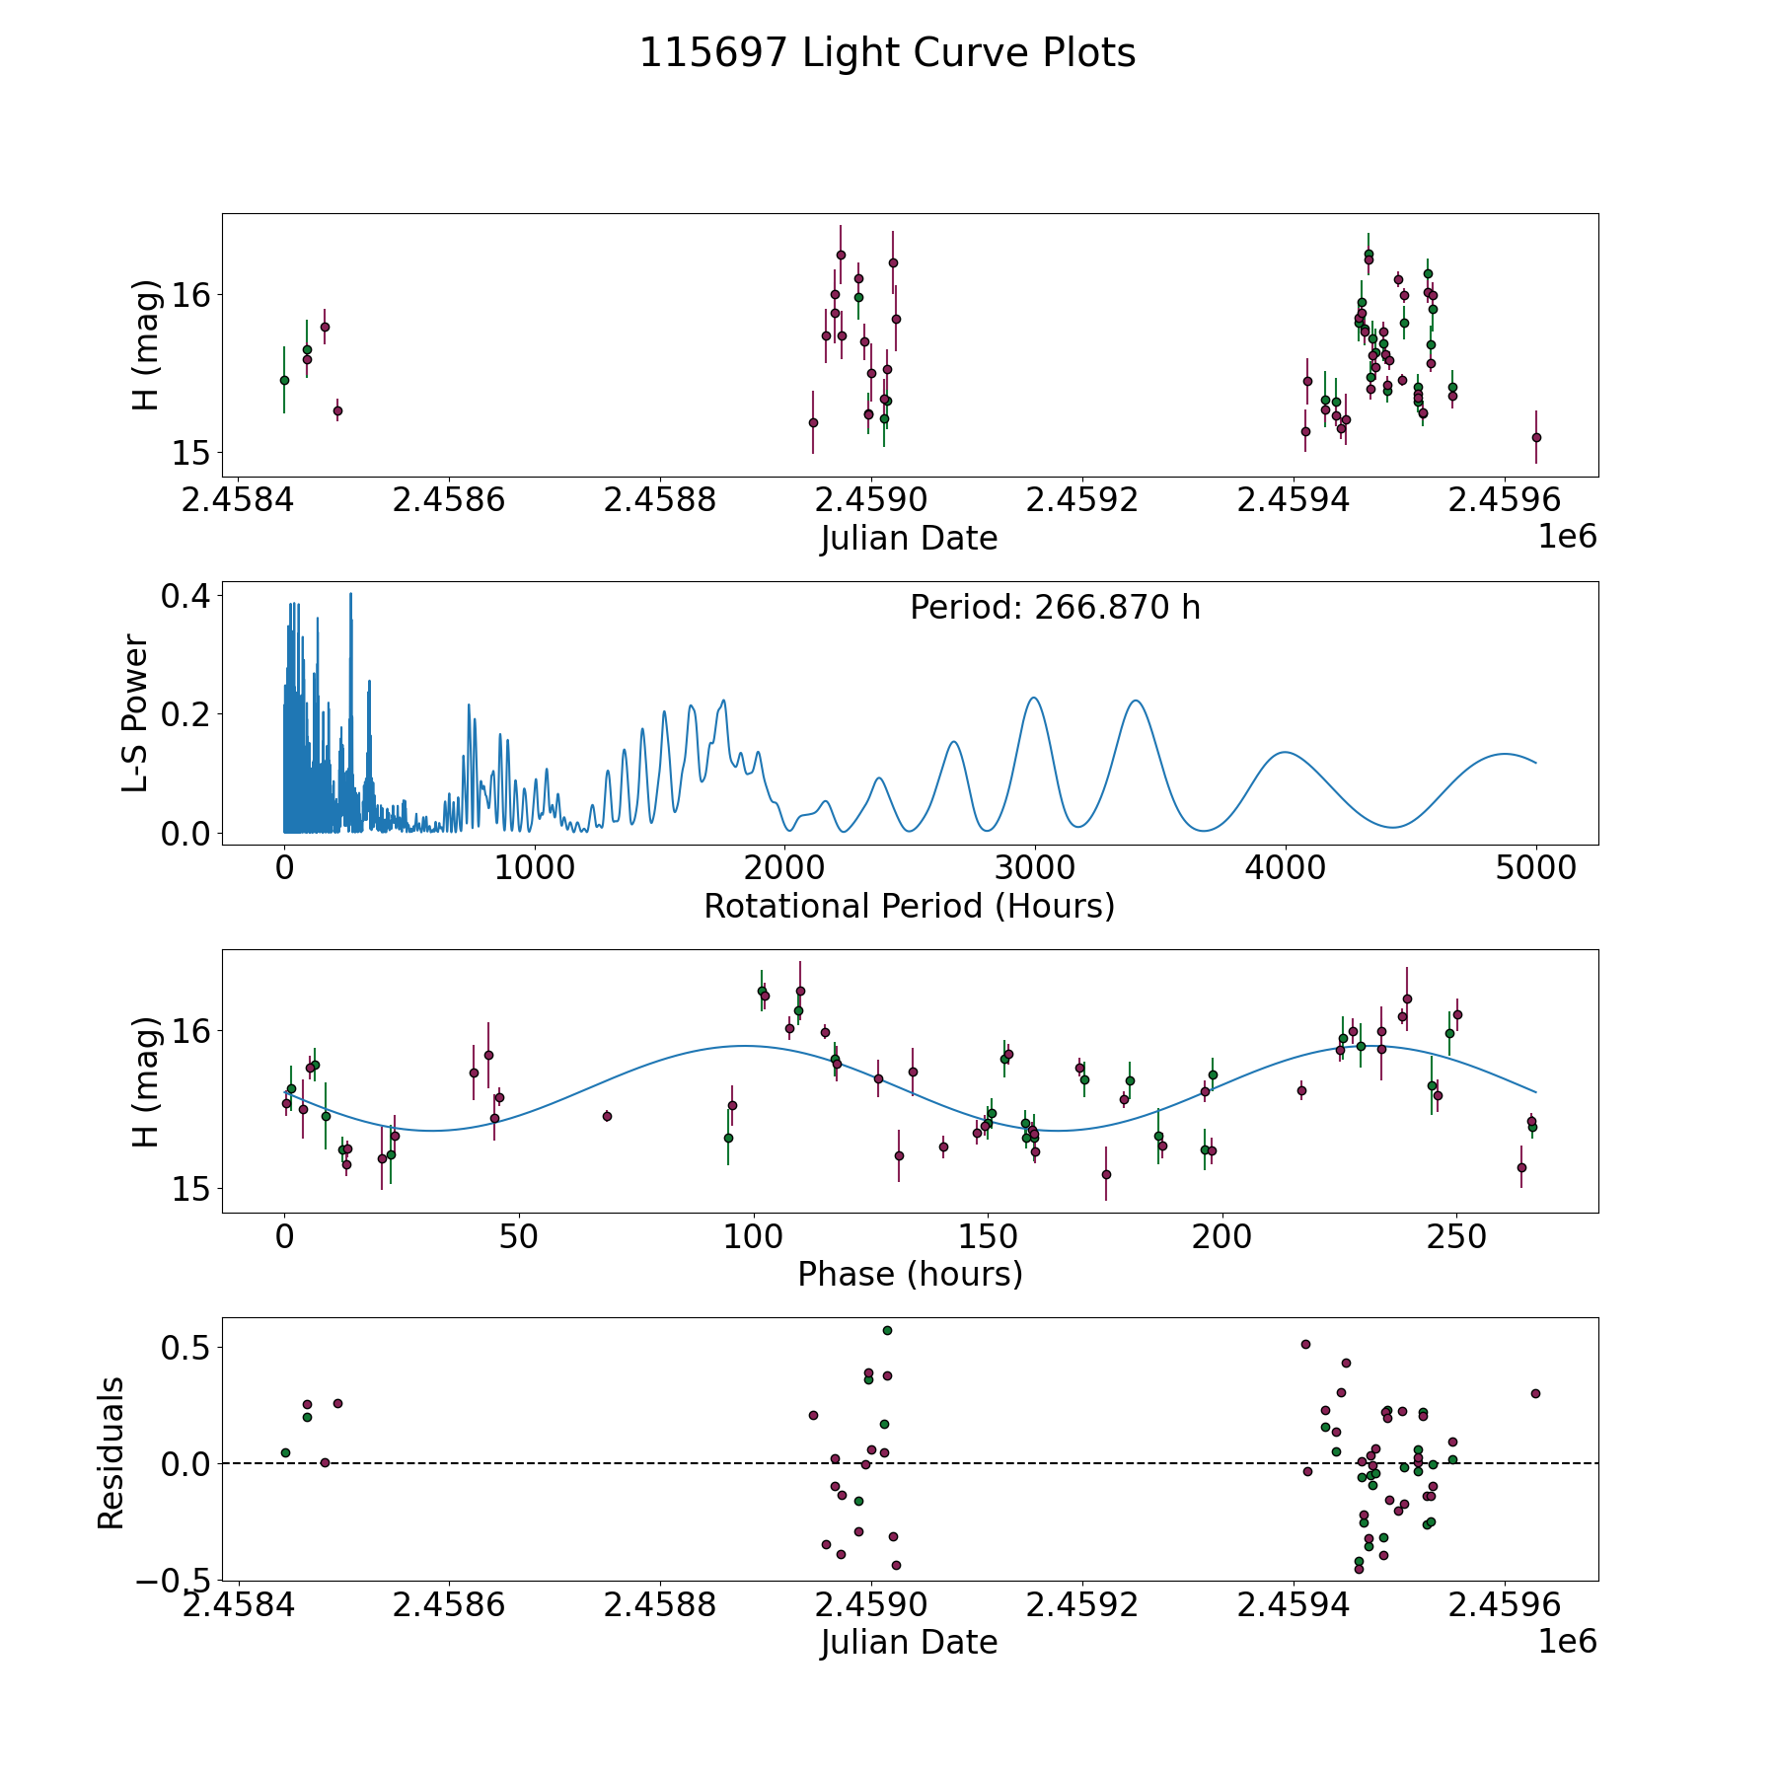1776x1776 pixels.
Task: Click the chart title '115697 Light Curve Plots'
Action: (887, 53)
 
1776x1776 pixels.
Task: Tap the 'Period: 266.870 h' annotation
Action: (1055, 608)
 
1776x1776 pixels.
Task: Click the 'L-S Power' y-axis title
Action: (136, 712)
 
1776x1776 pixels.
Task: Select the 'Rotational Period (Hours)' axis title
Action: (909, 906)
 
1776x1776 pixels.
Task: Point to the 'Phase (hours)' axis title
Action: (909, 1274)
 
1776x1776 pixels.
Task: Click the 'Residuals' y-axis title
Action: (111, 1452)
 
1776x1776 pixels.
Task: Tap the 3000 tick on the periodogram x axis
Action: (1035, 868)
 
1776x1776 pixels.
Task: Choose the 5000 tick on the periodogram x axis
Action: (1535, 868)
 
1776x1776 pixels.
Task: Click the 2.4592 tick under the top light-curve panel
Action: (1082, 500)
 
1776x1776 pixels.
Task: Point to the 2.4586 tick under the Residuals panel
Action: (449, 1604)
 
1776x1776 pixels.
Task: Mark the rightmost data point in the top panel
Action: (1536, 437)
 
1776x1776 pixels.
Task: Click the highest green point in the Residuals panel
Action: (887, 1330)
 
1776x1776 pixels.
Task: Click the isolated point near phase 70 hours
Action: (607, 1116)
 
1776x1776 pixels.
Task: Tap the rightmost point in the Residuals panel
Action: (1535, 1393)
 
